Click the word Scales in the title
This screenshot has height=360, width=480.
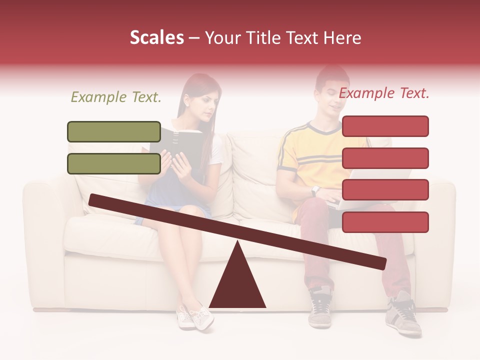click(x=156, y=38)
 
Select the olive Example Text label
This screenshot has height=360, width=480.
click(x=116, y=97)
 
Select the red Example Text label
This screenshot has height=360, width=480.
click(x=384, y=93)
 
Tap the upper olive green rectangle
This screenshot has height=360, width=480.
click(x=114, y=131)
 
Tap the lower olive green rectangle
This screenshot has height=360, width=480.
click(x=114, y=163)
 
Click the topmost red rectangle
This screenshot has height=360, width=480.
click(x=385, y=126)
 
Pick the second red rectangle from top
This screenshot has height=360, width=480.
click(x=385, y=158)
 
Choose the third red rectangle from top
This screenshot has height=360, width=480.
click(x=385, y=189)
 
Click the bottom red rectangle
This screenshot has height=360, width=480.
click(x=385, y=222)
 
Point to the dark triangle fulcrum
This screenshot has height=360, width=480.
click(x=237, y=285)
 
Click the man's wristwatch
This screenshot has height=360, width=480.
click(x=315, y=191)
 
